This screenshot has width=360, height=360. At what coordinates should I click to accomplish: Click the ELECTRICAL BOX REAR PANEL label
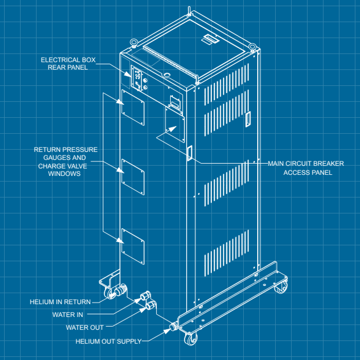click(68, 63)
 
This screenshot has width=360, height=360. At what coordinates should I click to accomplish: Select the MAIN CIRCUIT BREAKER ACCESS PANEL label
click(306, 168)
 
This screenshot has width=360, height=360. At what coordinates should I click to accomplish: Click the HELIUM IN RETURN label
click(60, 302)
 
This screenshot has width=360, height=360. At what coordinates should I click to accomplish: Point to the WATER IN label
click(67, 314)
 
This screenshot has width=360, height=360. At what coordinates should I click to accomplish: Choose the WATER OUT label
click(85, 328)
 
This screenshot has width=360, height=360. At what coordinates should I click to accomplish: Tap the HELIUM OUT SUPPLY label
click(109, 341)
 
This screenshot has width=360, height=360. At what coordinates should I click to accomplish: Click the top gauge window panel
click(132, 106)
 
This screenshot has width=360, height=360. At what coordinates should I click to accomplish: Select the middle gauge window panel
click(133, 176)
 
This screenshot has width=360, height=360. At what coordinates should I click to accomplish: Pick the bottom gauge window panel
click(132, 246)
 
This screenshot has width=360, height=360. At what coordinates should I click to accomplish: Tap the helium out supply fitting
click(173, 326)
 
